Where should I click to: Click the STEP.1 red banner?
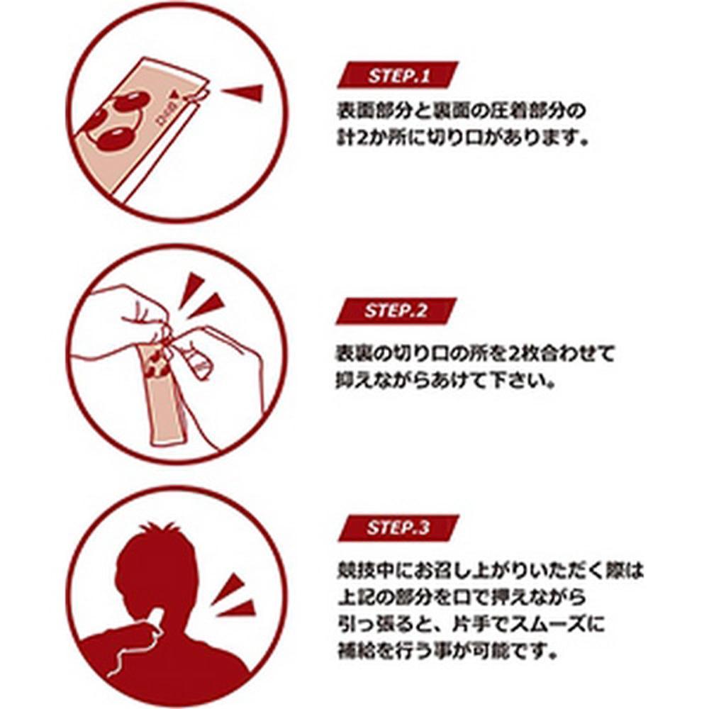[398, 75]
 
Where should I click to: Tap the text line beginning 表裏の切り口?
[476, 352]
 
